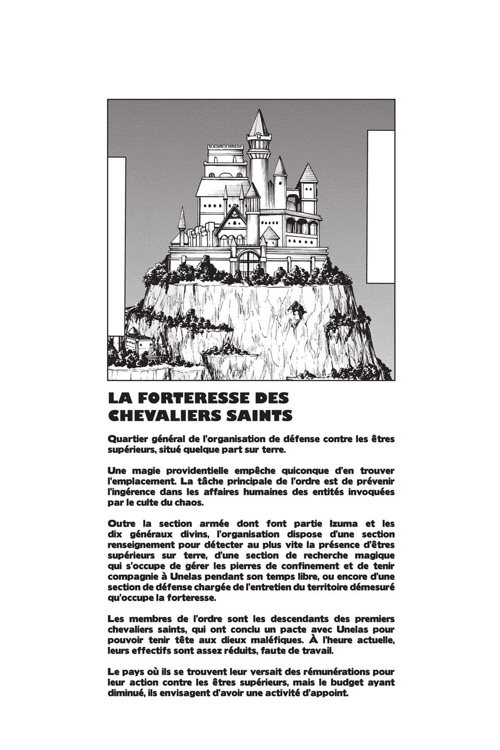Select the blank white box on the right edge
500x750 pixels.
click(x=380, y=206)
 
